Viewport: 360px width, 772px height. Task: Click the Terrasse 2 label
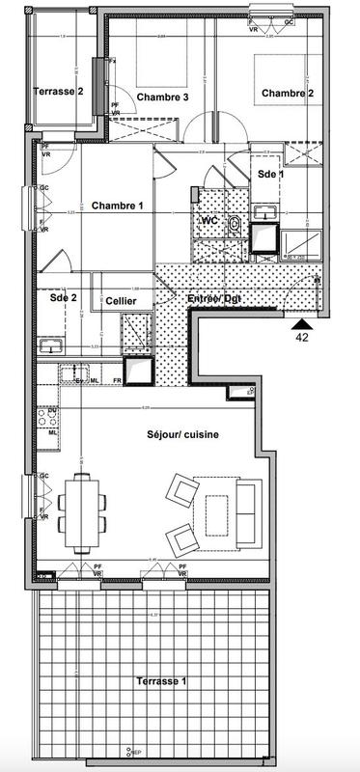pyautogui.click(x=58, y=92)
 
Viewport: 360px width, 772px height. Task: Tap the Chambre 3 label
pyautogui.click(x=161, y=97)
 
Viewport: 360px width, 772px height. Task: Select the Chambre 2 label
pyautogui.click(x=287, y=94)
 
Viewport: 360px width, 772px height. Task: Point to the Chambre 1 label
pyautogui.click(x=117, y=206)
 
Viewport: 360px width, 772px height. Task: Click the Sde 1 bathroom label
pyautogui.click(x=270, y=174)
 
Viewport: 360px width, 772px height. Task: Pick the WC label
pyautogui.click(x=208, y=221)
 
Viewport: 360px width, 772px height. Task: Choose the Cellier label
pyautogui.click(x=121, y=302)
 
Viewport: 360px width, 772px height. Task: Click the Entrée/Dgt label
pyautogui.click(x=213, y=300)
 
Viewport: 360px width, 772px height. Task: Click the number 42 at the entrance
pyautogui.click(x=301, y=339)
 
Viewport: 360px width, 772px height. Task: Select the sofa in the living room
pyautogui.click(x=247, y=510)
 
